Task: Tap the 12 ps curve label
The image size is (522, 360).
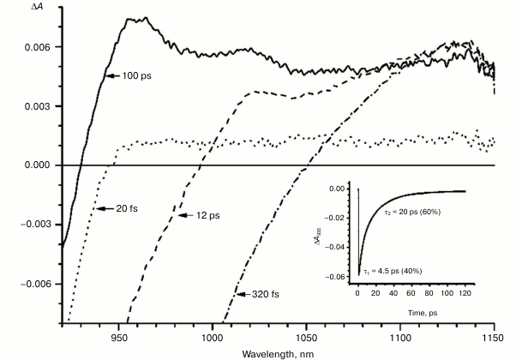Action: pyautogui.click(x=203, y=215)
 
